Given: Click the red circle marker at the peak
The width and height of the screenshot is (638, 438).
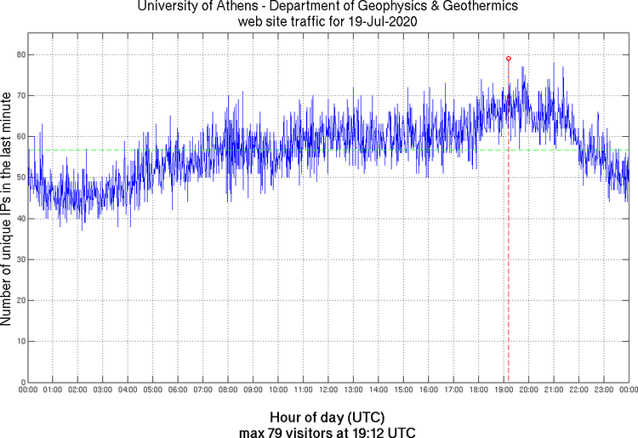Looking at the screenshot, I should [508, 59].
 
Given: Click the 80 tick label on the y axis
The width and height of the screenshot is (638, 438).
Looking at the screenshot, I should [19, 54].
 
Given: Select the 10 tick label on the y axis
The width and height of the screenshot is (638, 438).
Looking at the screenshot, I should [19, 341].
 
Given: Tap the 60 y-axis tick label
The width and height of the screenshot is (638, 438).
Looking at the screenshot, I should [19, 136].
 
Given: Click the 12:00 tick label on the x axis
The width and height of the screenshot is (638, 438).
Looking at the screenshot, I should [328, 390].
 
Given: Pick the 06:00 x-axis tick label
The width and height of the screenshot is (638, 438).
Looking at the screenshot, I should [178, 390].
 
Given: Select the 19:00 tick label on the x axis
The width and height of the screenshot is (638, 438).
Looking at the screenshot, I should [503, 390].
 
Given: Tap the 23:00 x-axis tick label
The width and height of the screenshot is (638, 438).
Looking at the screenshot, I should [603, 390].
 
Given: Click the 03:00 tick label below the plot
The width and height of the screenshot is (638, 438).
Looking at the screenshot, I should [102, 390].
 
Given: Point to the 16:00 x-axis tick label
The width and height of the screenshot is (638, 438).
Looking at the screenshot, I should [428, 390].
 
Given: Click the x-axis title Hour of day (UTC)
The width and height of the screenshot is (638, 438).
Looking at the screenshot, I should [328, 418].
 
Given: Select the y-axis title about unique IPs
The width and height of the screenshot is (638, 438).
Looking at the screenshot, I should [7, 208].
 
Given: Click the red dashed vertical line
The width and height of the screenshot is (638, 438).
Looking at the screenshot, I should [508, 255].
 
